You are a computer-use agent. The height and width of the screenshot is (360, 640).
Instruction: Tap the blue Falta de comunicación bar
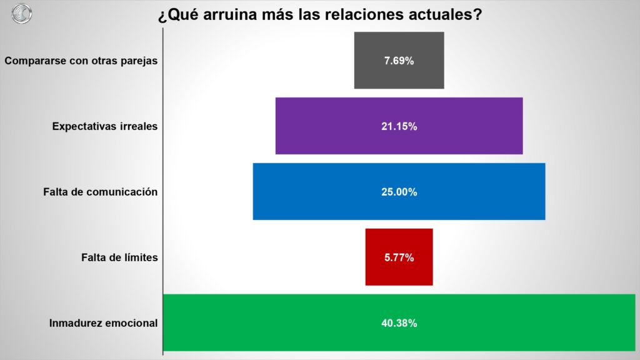coord(312,192)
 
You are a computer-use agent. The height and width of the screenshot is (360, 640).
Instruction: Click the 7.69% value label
coord(399,61)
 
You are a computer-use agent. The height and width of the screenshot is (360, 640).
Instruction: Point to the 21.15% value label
coord(399,126)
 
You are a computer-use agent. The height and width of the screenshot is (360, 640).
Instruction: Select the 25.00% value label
coord(399,192)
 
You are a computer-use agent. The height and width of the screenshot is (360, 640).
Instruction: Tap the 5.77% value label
coord(399,257)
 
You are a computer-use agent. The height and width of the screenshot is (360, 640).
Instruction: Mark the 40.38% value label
coord(399,323)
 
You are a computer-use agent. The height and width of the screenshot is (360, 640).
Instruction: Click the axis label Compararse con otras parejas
coord(81,61)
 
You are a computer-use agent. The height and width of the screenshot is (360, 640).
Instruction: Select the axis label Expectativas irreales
coord(105,126)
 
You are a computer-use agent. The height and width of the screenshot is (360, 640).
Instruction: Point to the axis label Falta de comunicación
coord(101,192)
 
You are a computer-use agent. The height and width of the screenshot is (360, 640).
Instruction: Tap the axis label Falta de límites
coord(119,257)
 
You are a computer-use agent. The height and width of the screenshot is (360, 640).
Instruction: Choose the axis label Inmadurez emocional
coord(103,324)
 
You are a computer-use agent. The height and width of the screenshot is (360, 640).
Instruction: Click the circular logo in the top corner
coord(21,13)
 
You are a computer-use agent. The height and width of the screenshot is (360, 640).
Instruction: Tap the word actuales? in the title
coord(444,15)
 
